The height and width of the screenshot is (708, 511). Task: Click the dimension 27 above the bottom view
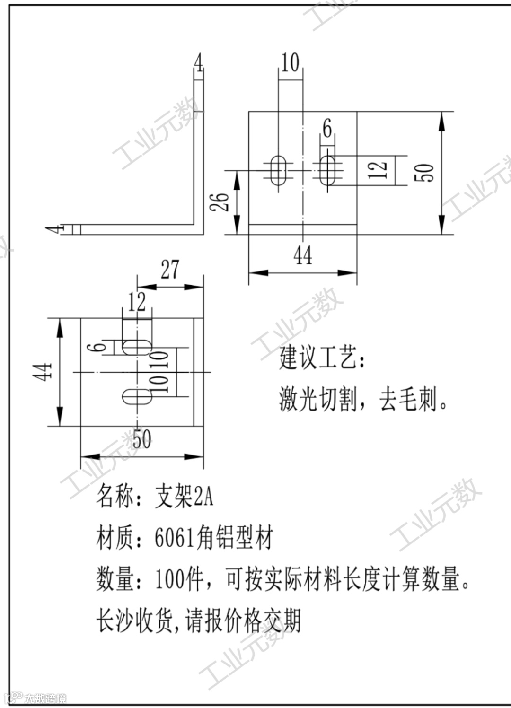tap(170, 269)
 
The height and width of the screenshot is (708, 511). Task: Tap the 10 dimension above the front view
tap(290, 62)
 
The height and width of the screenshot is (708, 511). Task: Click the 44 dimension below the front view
tap(303, 256)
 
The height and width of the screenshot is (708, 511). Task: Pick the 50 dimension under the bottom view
tap(141, 439)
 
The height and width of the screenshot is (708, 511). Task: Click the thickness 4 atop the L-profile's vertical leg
tap(199, 62)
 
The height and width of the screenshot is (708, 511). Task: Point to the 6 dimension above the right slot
tap(327, 128)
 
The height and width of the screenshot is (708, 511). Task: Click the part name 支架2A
tap(185, 497)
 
